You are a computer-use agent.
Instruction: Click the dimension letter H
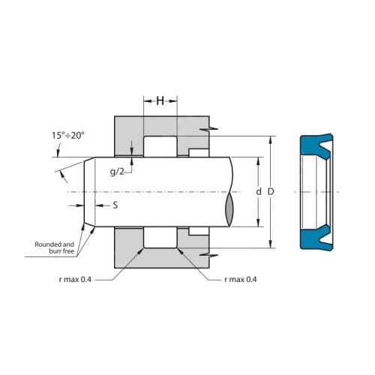coord(160,101)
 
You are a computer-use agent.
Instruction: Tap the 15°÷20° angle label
coord(68,136)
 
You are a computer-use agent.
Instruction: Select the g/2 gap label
coord(117,172)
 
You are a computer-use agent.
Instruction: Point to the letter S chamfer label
coord(115,205)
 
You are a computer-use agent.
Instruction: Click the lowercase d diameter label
coord(259,192)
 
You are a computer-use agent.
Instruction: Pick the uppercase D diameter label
coord(271,192)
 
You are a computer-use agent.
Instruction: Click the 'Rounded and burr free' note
coord(55,247)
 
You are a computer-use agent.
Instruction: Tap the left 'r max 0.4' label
coord(75,279)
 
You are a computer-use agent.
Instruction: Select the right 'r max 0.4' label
coord(241,279)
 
